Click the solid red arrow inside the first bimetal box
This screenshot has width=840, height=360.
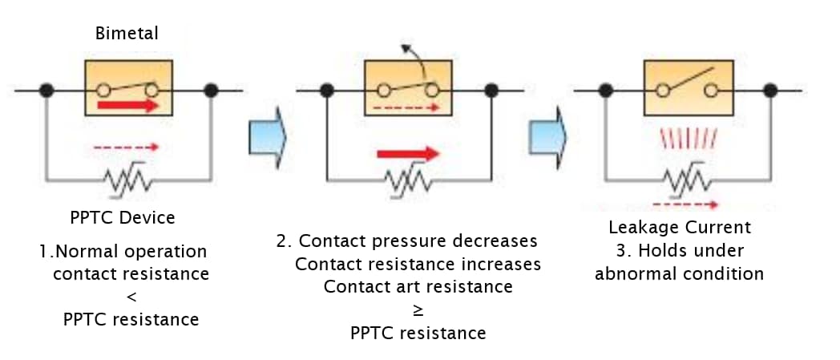click(x=127, y=106)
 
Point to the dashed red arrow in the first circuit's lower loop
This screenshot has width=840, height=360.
click(x=127, y=148)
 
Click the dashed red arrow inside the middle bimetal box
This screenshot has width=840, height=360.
click(x=407, y=106)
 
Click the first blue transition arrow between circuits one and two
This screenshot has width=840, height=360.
click(x=268, y=133)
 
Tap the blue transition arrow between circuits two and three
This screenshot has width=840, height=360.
click(x=548, y=133)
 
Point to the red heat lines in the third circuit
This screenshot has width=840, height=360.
click(x=687, y=139)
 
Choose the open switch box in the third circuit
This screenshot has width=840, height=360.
click(x=688, y=86)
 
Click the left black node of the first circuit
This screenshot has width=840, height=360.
click(x=47, y=90)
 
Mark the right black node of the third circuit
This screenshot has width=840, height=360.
click(x=770, y=90)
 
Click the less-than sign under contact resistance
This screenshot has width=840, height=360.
click(x=131, y=297)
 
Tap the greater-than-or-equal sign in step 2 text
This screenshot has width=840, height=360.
click(x=418, y=309)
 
